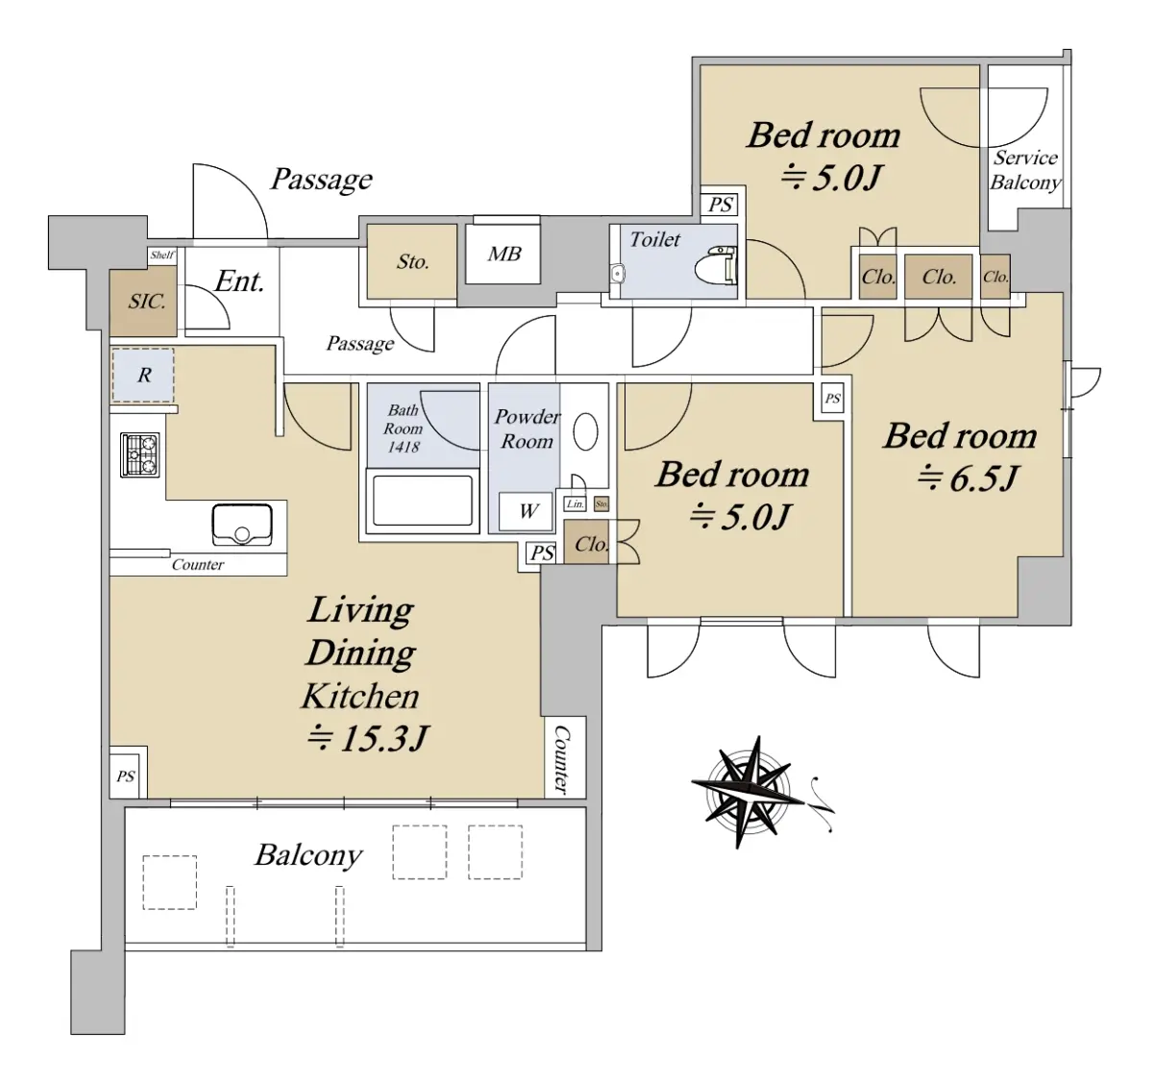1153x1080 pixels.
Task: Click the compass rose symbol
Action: (748, 792)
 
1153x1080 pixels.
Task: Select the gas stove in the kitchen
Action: (140, 454)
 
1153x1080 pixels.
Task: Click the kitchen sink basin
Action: (242, 525)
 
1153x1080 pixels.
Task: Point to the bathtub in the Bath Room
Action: (422, 501)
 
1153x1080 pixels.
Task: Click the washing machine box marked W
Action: (526, 511)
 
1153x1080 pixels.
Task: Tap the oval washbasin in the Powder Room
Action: (585, 431)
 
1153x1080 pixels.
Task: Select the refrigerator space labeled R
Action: (142, 375)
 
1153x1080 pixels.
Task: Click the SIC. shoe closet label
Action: (147, 302)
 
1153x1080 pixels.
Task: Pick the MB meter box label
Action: (503, 254)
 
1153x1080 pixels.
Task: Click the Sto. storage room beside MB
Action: (412, 262)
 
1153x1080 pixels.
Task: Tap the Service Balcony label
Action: (1025, 169)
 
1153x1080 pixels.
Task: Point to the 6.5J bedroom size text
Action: (968, 479)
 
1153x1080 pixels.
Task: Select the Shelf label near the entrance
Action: (162, 255)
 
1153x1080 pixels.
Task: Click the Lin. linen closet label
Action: (575, 504)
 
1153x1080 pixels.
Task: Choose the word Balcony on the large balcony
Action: (308, 856)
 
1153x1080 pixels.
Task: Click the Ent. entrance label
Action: (239, 282)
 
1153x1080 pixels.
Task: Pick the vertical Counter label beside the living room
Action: (562, 758)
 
